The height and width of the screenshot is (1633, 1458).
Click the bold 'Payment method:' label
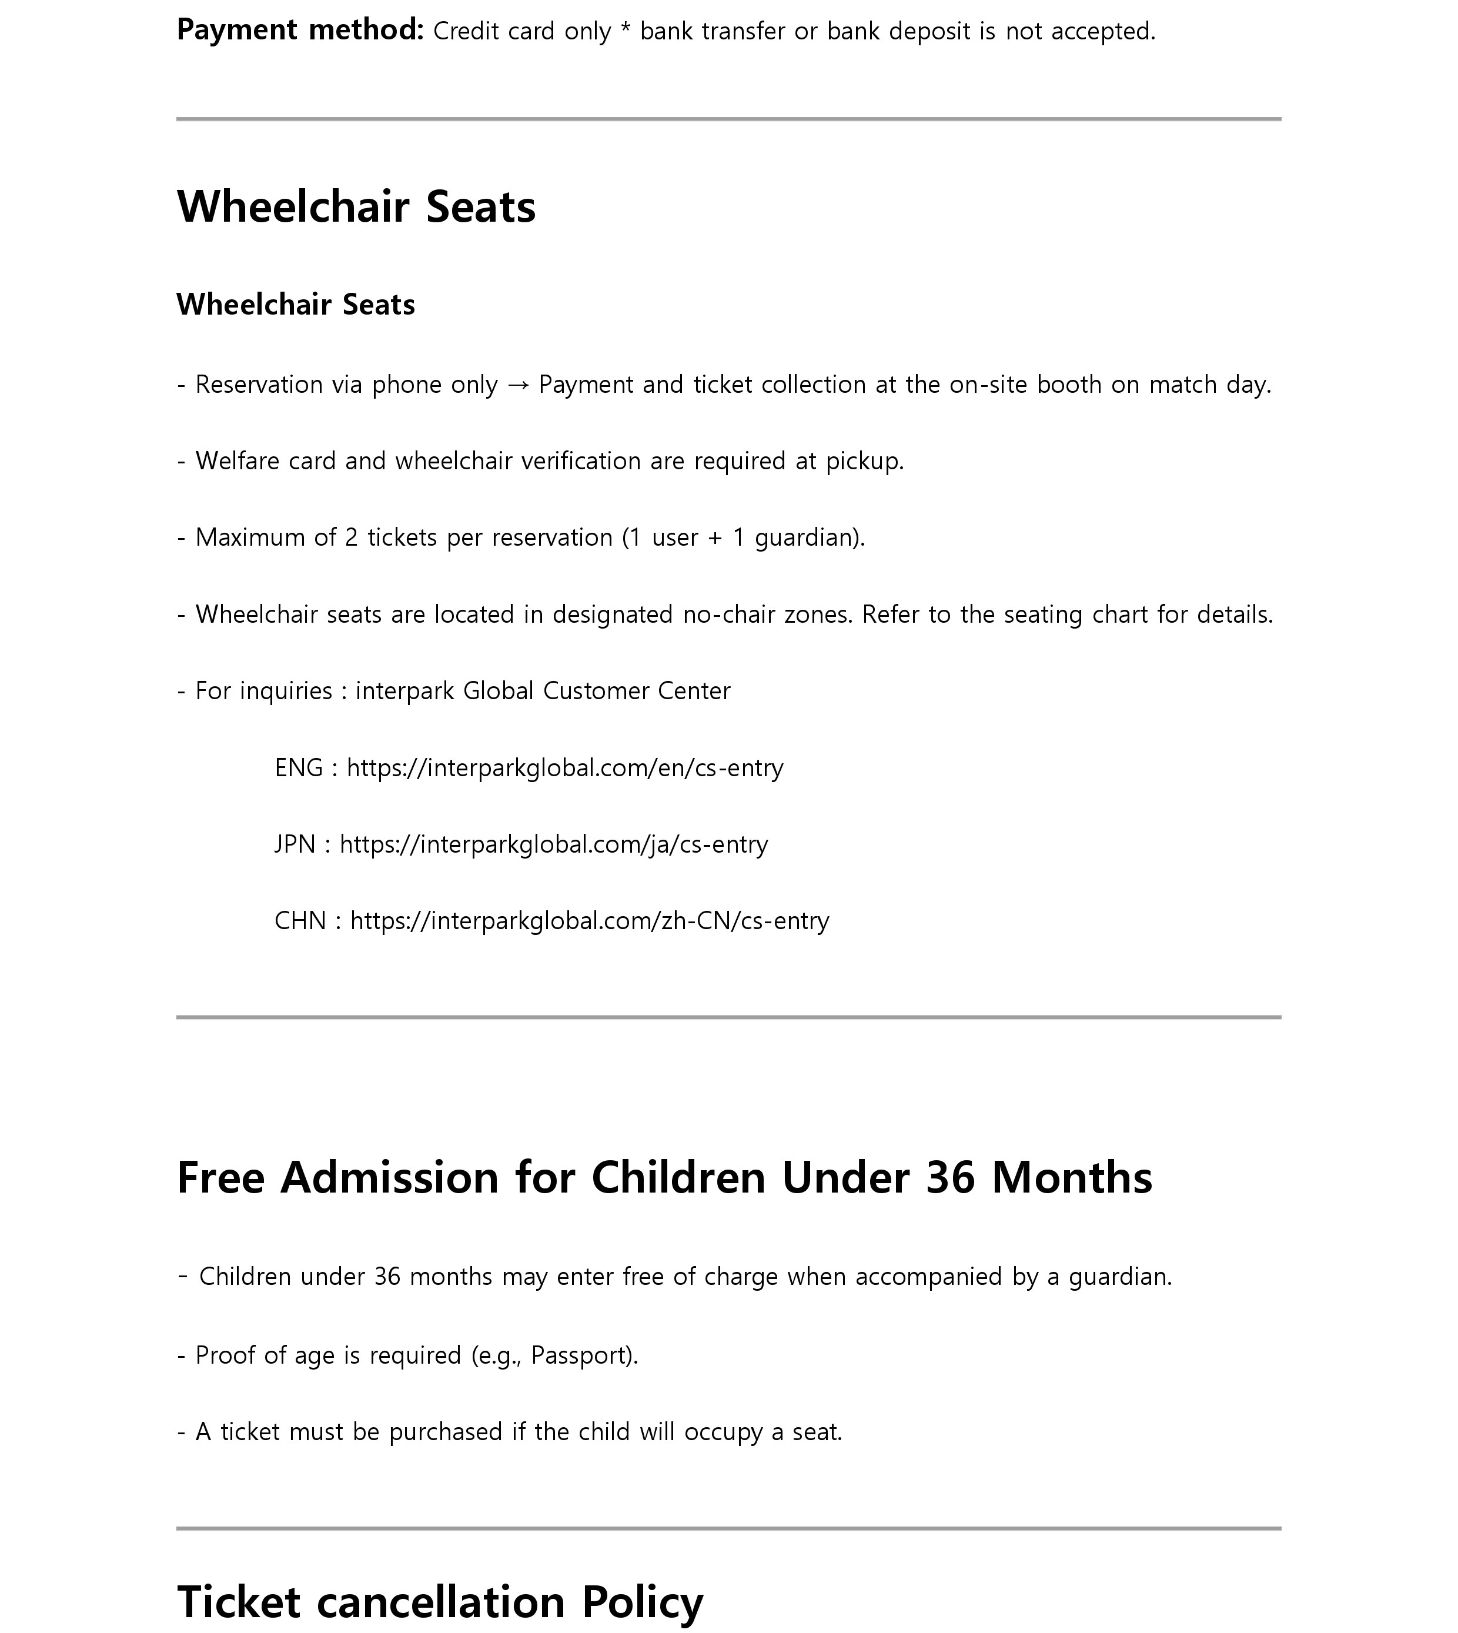click(x=300, y=31)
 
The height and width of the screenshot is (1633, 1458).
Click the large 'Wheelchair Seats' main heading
click(x=356, y=207)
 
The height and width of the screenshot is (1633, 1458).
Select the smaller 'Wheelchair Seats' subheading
click(x=296, y=305)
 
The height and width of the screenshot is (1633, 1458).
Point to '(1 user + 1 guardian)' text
click(x=744, y=537)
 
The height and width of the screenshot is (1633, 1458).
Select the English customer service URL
click(x=565, y=767)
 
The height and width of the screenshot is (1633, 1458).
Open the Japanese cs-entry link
click(x=554, y=844)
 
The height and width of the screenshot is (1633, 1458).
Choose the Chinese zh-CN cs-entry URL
click(x=590, y=921)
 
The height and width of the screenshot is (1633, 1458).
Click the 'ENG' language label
click(x=299, y=767)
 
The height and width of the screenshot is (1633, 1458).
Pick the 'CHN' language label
click(x=300, y=921)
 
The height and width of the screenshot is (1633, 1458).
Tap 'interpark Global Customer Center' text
click(x=543, y=691)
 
